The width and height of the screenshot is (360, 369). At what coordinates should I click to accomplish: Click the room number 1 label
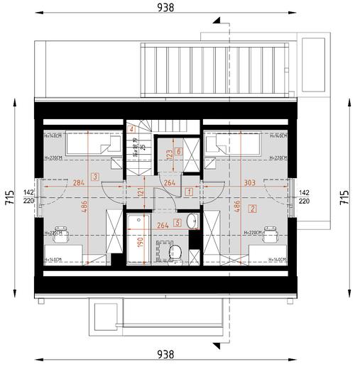coord(189,191)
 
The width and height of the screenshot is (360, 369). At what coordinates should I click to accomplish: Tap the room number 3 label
coord(94,177)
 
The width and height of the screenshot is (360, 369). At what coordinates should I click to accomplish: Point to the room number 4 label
coord(131,129)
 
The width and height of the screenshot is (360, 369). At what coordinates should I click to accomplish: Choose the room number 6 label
coord(179,151)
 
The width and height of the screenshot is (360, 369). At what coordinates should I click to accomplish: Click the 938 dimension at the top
coord(165,8)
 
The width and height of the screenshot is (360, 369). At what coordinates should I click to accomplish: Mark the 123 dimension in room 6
coord(169,153)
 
